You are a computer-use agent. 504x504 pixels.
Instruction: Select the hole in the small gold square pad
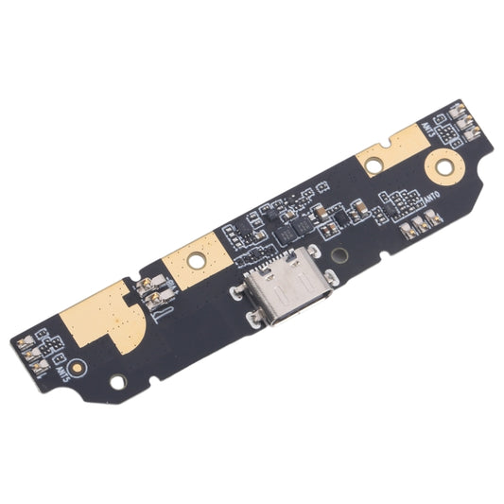pyautogui.click(x=195, y=256)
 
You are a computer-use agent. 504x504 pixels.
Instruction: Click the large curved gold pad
pyautogui.click(x=99, y=312)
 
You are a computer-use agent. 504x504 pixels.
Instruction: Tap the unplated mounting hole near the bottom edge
pyautogui.click(x=118, y=382)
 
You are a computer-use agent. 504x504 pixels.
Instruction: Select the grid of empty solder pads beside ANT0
pyautogui.click(x=397, y=202)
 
